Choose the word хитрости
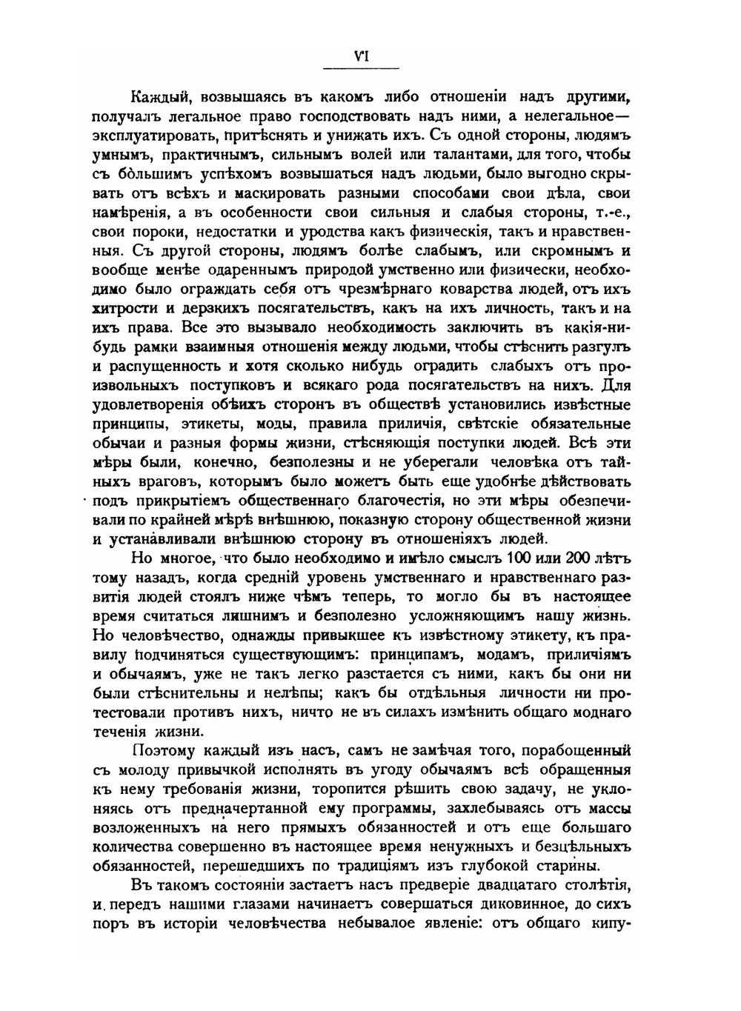tap(127, 310)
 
